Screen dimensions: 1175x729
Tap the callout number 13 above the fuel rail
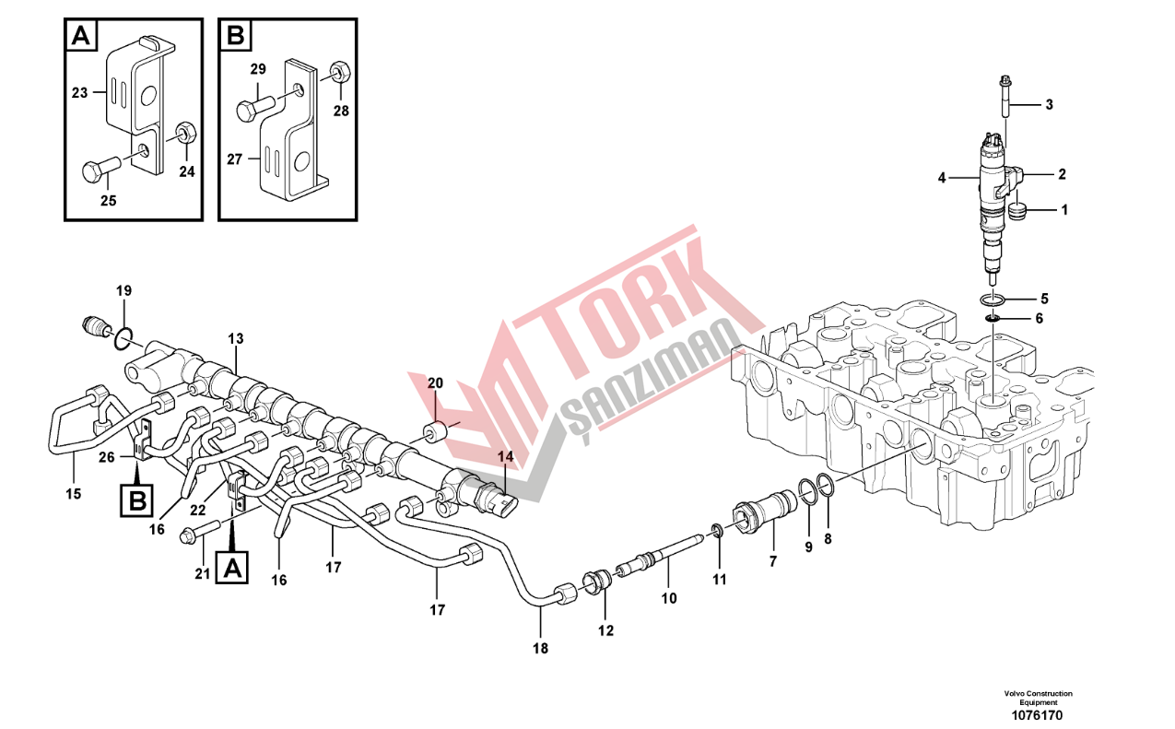[236, 339]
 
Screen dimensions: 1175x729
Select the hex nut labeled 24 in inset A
[184, 133]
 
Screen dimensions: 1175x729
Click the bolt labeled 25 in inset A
[102, 168]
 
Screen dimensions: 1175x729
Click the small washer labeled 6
[993, 318]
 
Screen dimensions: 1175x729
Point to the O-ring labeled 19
[123, 339]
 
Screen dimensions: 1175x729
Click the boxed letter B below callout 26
[137, 500]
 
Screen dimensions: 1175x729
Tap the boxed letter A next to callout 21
[233, 567]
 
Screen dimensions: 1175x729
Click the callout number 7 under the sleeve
[772, 561]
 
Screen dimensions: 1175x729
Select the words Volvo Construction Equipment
[1038, 698]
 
